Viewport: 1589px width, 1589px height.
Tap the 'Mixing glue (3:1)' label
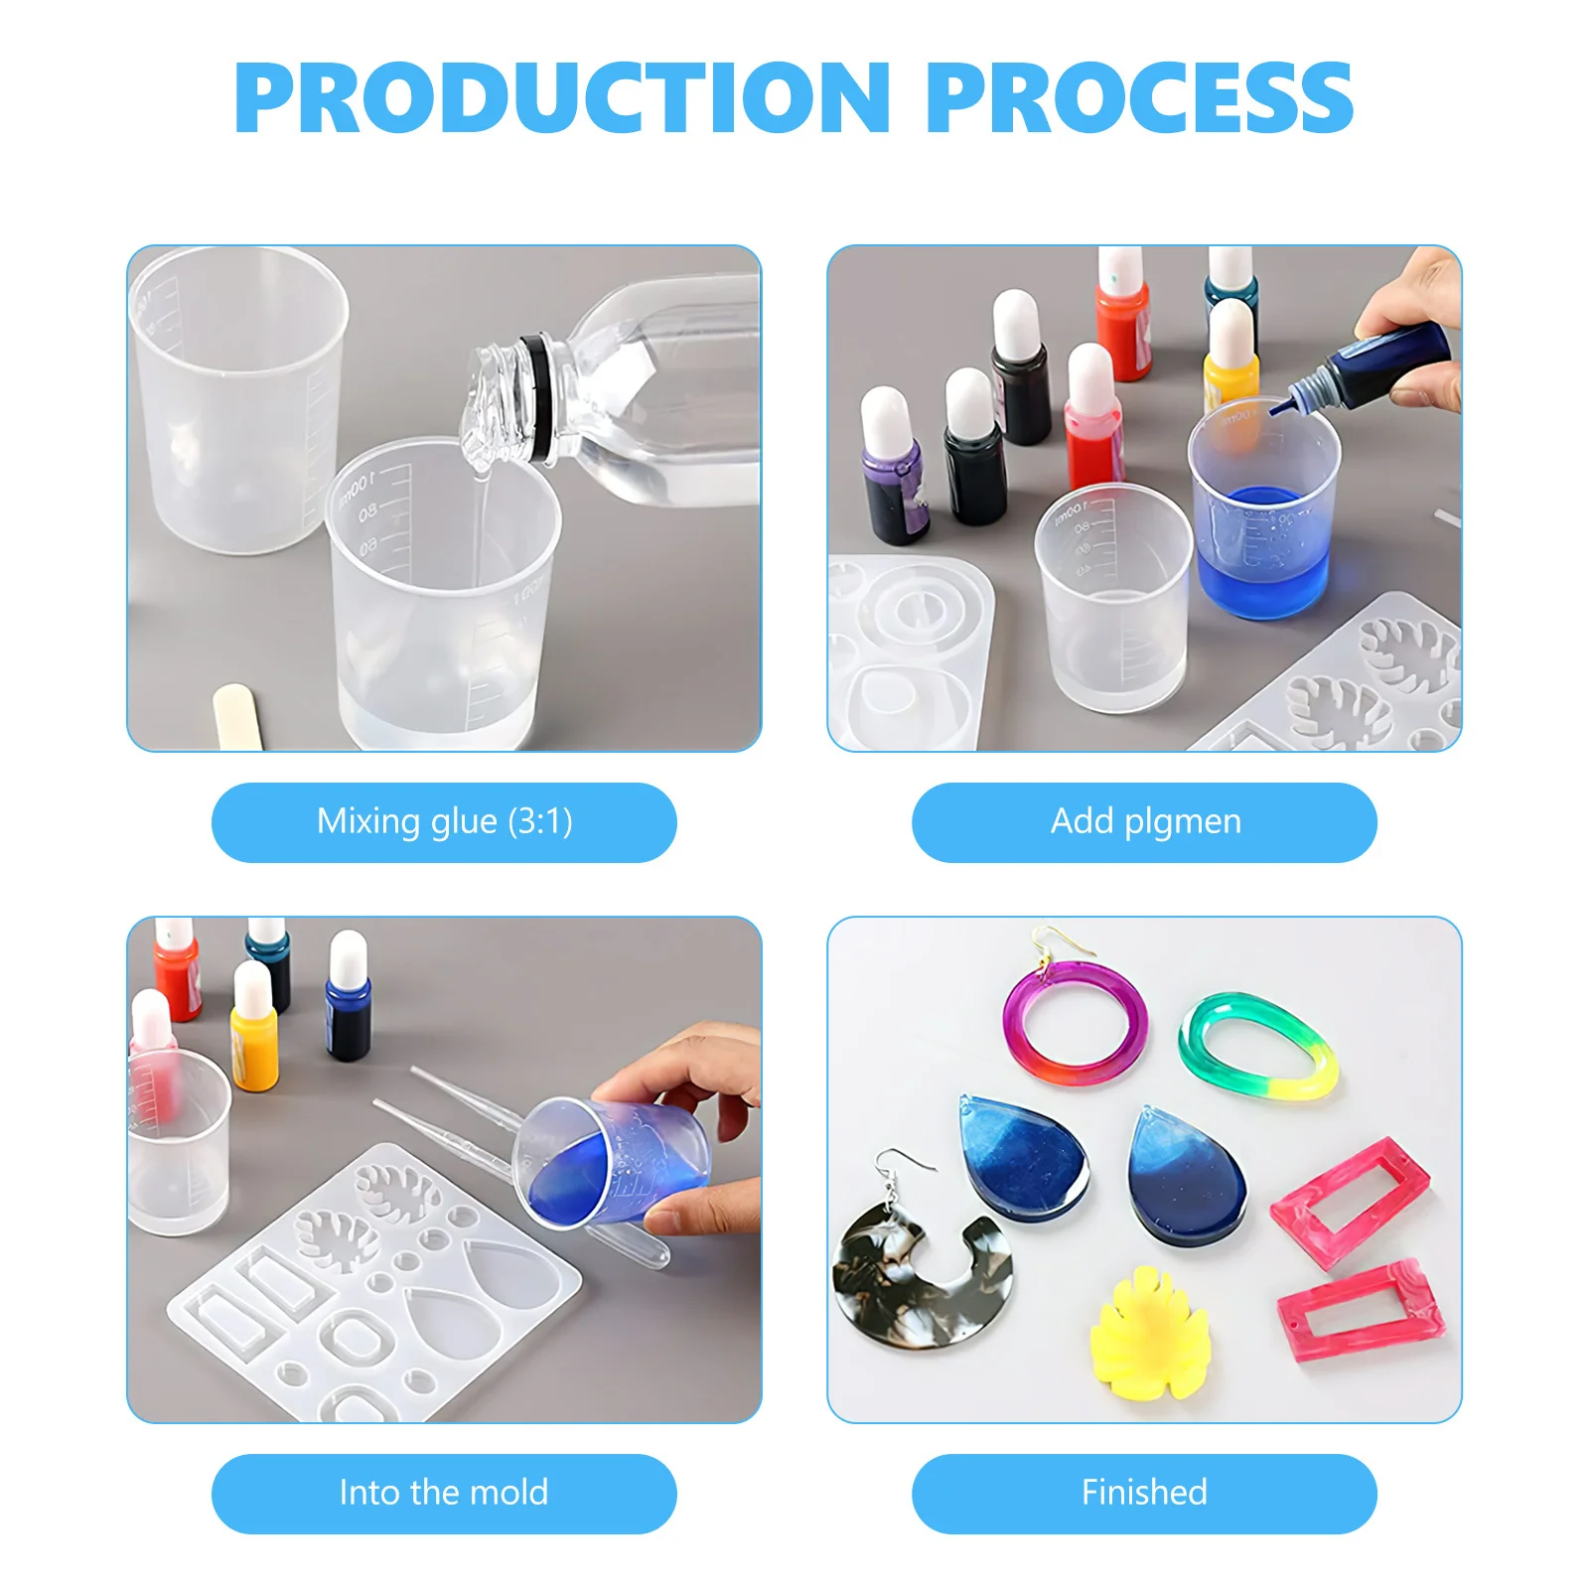point(444,822)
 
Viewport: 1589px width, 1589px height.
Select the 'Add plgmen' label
point(1144,822)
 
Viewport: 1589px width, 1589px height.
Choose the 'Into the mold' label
point(444,1493)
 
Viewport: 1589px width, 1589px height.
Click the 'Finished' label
point(1144,1493)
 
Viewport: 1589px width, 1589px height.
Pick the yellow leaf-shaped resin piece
point(1149,1336)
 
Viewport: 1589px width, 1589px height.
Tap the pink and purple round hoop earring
point(1075,1023)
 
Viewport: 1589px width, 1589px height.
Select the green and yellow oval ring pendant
point(1257,1048)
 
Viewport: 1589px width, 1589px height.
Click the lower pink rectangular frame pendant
point(1358,1311)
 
